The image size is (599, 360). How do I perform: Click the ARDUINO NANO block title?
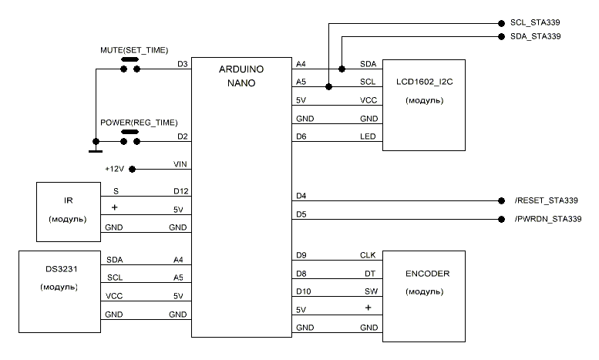point(243,76)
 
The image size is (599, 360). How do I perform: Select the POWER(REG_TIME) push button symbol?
point(130,139)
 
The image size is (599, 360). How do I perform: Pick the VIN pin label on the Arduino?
point(181,163)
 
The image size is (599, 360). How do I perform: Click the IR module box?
point(68,210)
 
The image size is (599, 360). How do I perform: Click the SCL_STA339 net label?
point(534,22)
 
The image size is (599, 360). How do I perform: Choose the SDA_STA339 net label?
point(534,36)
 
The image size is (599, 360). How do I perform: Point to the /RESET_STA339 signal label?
point(546,200)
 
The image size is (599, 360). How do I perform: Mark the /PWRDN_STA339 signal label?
point(547,220)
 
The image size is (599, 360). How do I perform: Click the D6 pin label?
point(301,137)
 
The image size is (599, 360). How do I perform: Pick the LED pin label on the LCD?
point(367,137)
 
